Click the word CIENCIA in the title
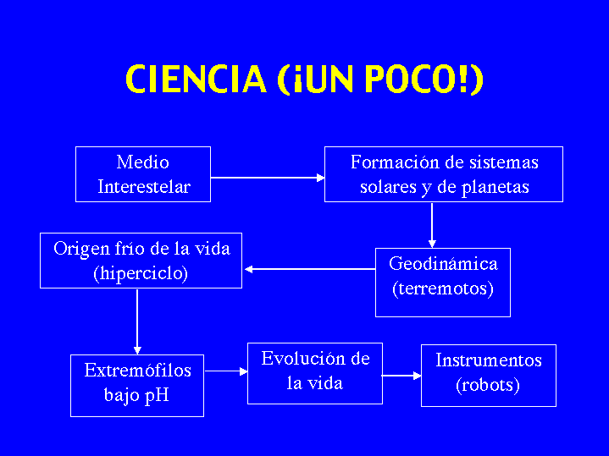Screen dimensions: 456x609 pyautogui.click(x=196, y=79)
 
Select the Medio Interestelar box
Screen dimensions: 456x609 pyautogui.click(x=143, y=174)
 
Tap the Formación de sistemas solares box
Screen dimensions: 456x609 pyautogui.click(x=444, y=174)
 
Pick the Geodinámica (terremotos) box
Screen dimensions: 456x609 pyautogui.click(x=443, y=283)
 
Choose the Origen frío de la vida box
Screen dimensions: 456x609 pyautogui.click(x=141, y=261)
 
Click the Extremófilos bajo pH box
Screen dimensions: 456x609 pyautogui.click(x=137, y=386)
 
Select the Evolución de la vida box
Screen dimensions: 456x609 pyautogui.click(x=315, y=373)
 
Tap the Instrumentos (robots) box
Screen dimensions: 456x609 pyautogui.click(x=489, y=376)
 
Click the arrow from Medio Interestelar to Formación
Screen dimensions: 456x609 pyautogui.click(x=268, y=178)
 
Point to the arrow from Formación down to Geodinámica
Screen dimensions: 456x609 pyautogui.click(x=432, y=224)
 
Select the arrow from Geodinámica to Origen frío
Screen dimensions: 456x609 pyautogui.click(x=310, y=269)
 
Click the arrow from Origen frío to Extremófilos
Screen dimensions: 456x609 pyautogui.click(x=137, y=321)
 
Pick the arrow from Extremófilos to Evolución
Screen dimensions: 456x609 pyautogui.click(x=225, y=371)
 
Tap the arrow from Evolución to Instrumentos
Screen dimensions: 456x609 pyautogui.click(x=401, y=376)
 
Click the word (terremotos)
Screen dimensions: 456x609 pyautogui.click(x=443, y=288)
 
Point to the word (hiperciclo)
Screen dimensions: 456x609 pyautogui.click(x=141, y=273)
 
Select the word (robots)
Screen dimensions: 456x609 pyautogui.click(x=488, y=386)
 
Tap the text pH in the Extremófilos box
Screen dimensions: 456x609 pyautogui.click(x=157, y=395)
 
